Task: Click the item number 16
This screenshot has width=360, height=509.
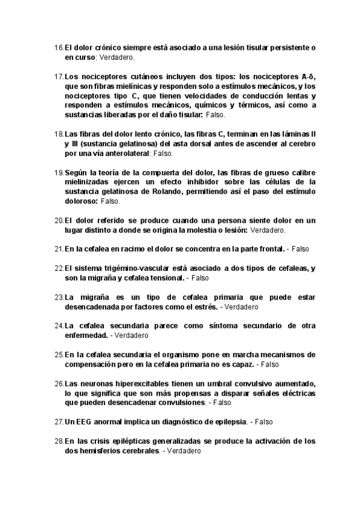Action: point(58,47)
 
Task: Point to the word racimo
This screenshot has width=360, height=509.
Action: point(125,248)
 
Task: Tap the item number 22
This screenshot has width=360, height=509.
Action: point(58,268)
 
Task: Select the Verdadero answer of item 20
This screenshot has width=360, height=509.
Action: point(268,230)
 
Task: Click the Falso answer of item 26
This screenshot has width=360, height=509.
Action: point(223,403)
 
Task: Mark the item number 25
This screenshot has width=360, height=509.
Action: point(58,355)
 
